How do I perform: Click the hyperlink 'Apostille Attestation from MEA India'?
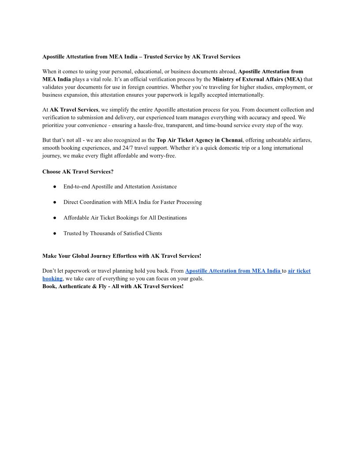(232, 271)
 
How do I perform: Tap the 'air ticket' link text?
(299, 271)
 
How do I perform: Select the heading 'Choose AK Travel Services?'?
(78, 171)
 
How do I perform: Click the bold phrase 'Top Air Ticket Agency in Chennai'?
(199, 140)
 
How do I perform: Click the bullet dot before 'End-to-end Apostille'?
(54, 187)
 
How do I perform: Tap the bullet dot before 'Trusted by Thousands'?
(54, 233)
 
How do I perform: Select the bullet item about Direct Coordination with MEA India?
(132, 202)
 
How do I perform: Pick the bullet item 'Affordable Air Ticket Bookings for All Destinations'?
(125, 218)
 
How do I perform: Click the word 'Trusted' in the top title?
(154, 57)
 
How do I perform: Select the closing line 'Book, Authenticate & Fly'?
(112, 286)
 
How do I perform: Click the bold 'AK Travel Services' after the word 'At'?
(74, 109)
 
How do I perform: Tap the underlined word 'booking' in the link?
(52, 279)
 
